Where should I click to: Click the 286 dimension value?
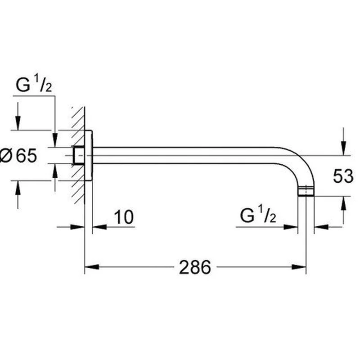195,267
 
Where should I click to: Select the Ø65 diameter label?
18,156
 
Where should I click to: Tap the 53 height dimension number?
343,176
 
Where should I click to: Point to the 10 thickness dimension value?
124,217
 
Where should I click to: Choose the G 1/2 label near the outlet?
258,214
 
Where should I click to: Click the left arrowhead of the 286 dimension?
92,267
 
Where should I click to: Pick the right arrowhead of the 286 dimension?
299,267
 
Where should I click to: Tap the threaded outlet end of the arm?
306,192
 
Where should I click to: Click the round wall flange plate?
89,155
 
